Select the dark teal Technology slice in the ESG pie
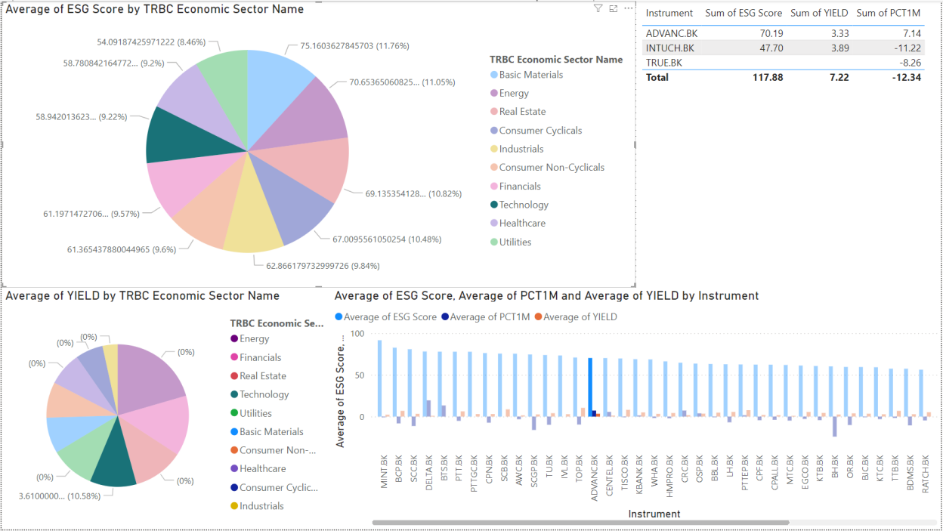(x=172, y=136)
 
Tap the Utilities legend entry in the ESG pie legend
(x=515, y=242)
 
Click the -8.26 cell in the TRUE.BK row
(x=909, y=62)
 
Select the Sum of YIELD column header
(x=818, y=13)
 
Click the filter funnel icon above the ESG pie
(x=598, y=8)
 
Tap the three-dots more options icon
(x=628, y=8)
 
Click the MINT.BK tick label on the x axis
(x=385, y=471)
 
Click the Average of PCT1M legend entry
(x=489, y=317)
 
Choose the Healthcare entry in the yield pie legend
(x=262, y=468)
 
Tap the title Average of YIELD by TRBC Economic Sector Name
(x=142, y=296)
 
